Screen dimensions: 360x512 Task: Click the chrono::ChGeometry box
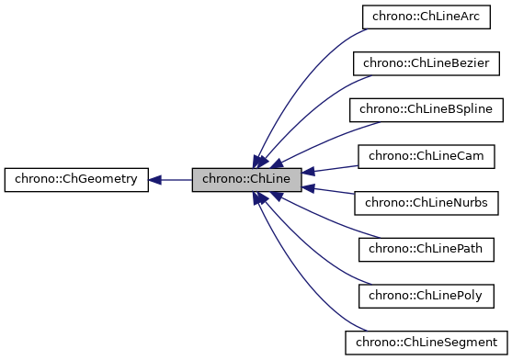tap(75, 179)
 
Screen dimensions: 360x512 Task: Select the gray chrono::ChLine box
tap(246, 179)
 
